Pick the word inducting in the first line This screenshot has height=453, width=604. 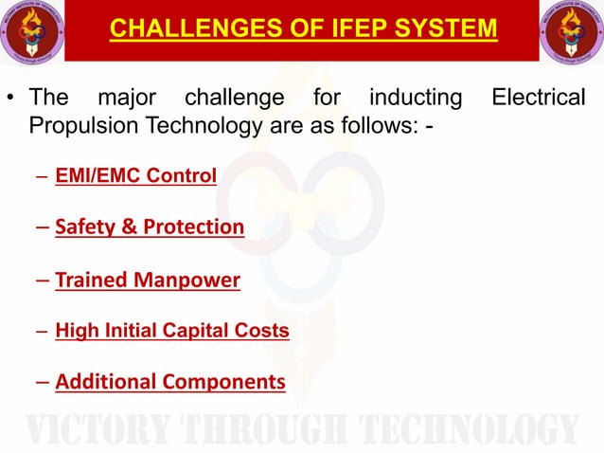416,98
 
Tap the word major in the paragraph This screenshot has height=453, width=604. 128,98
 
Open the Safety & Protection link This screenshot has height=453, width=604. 150,227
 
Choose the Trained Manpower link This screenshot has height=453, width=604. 148,281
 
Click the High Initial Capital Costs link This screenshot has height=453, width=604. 172,331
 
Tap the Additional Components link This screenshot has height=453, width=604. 170,382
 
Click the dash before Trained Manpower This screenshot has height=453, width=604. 44,281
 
